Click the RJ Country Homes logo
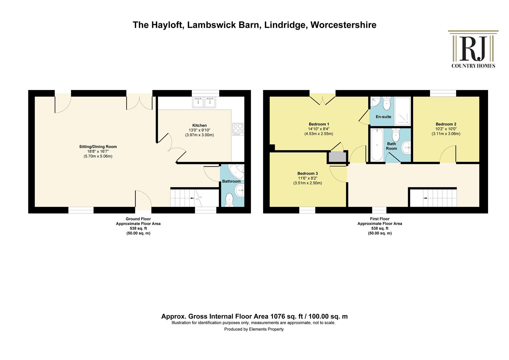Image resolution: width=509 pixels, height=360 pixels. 473,49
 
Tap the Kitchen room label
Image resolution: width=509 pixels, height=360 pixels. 200,125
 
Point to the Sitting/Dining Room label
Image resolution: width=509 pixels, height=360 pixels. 98,147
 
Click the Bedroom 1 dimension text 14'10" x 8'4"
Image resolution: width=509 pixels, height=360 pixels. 318,129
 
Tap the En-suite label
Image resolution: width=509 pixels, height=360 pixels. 383,117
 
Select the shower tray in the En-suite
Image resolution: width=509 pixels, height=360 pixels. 402,111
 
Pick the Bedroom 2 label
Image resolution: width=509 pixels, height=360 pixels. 446,124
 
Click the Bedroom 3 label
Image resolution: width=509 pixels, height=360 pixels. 307,174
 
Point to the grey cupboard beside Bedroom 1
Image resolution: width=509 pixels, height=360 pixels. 337,157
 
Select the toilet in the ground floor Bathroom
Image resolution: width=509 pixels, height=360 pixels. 229,200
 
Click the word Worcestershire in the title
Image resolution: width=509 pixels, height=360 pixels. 343,25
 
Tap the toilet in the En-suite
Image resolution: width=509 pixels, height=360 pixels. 386,103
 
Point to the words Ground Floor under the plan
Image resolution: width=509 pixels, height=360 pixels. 138,219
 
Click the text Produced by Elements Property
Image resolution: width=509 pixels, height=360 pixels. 254,329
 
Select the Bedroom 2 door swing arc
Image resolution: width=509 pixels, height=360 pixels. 445,150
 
